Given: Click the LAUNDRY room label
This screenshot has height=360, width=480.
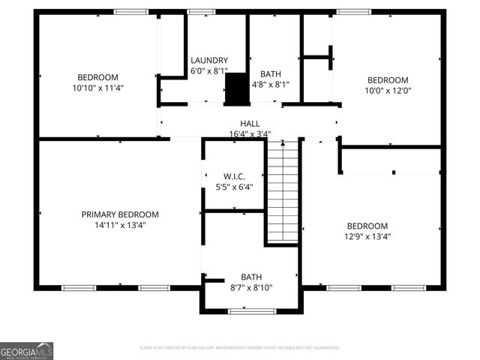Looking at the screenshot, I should pos(209,61).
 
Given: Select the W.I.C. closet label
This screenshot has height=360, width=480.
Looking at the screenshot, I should pos(234,176).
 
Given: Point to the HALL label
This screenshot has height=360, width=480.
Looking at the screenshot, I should pos(250,124).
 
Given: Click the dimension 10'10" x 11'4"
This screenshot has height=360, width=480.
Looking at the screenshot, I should pos(98,88).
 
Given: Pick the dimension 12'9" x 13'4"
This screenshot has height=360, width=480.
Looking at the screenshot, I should pos(367,236).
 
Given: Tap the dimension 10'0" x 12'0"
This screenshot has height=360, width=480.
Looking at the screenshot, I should pos(387,91).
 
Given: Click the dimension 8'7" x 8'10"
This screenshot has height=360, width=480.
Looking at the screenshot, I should pos(251,287).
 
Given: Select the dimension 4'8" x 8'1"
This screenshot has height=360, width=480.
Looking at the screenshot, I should pos(270,85).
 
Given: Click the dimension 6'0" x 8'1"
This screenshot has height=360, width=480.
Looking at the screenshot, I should pos(209,71).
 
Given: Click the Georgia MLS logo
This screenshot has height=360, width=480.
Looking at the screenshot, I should pos(27,351).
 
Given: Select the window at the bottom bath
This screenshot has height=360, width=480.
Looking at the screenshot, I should pos(252,311).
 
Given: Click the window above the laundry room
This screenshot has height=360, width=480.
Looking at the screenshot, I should pos(200,12).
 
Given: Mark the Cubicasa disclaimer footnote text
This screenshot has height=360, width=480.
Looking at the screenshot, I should pos(240,348).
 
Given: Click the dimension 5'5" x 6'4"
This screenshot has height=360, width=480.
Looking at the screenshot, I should pos(234,187).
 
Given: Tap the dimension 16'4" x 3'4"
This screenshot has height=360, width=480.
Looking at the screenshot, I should pos(250,134).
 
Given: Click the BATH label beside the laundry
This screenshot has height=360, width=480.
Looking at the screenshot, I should pos(270,74).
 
